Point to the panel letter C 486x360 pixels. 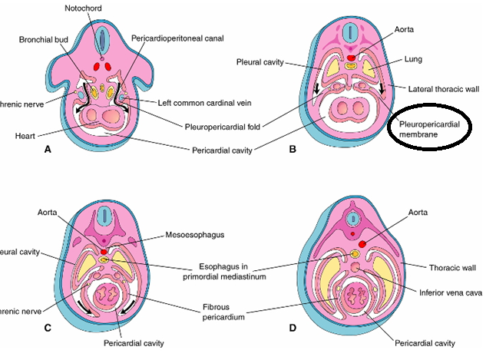(48, 328)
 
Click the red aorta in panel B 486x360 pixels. (352, 58)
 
